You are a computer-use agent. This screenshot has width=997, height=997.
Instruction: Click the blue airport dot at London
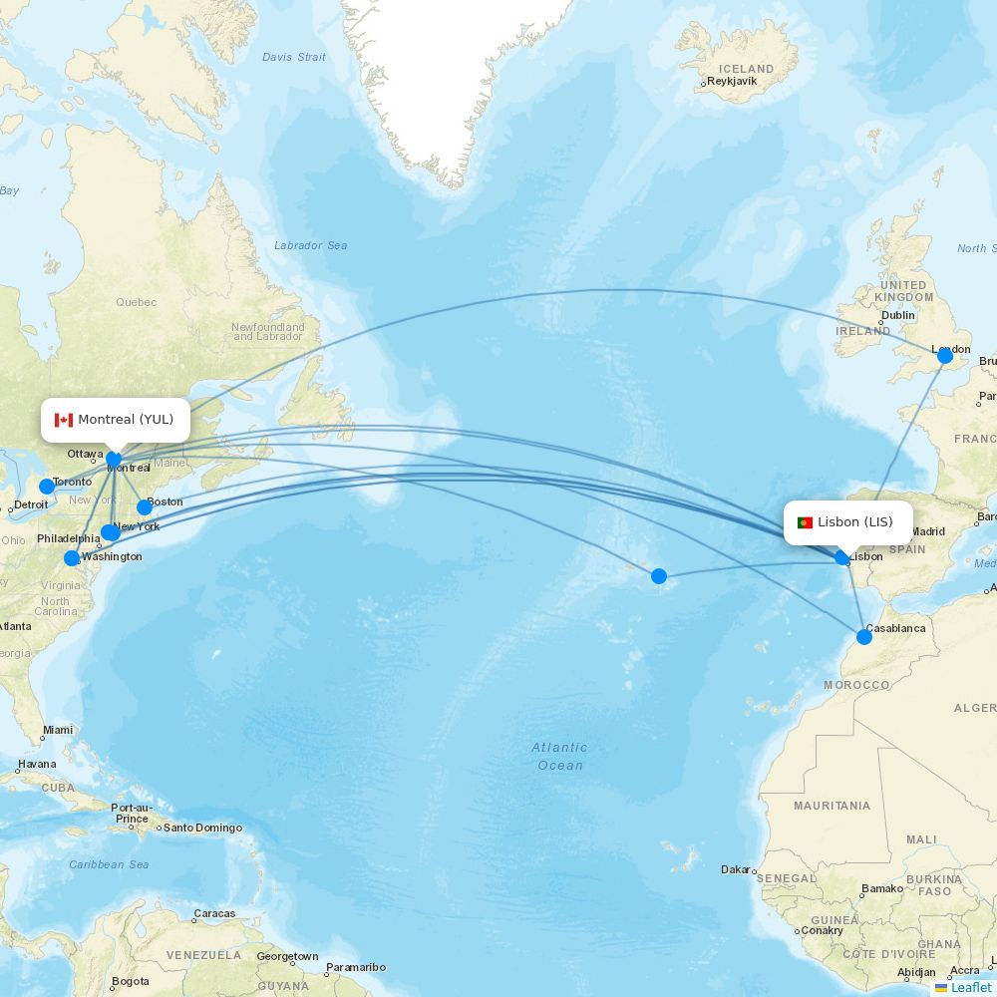pos(945,356)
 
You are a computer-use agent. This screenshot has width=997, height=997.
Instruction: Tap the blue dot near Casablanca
pos(864,637)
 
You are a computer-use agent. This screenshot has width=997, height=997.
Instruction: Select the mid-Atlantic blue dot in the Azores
pos(659,576)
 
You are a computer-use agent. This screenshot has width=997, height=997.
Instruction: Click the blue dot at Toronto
pos(47,487)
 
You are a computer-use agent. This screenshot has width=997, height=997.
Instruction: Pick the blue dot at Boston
pos(145,507)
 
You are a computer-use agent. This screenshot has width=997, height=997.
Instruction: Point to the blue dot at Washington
pos(72,558)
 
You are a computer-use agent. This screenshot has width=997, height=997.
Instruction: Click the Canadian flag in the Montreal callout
pos(64,420)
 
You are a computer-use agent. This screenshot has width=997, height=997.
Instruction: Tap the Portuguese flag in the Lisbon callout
pos(805,522)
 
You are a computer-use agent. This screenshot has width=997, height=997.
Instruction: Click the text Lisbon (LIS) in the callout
pos(855,522)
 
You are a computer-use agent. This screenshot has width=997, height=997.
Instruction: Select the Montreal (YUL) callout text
pos(126,420)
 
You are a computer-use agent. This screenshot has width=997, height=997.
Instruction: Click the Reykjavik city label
pos(732,82)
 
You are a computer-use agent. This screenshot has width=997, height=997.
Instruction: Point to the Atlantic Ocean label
pos(559,756)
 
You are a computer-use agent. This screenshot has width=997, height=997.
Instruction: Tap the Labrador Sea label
pos(311,245)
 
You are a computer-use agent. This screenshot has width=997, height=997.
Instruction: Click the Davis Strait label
pos(293,57)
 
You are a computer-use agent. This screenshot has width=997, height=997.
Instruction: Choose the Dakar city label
pos(736,869)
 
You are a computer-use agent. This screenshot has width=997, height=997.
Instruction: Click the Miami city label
pos(58,730)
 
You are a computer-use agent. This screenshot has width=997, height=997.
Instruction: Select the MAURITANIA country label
pos(831,806)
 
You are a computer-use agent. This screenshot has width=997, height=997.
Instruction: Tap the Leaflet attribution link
pos(970,987)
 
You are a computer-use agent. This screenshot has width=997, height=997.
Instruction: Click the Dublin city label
pos(898,315)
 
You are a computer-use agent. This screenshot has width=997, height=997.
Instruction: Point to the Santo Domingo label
pos(202,828)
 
